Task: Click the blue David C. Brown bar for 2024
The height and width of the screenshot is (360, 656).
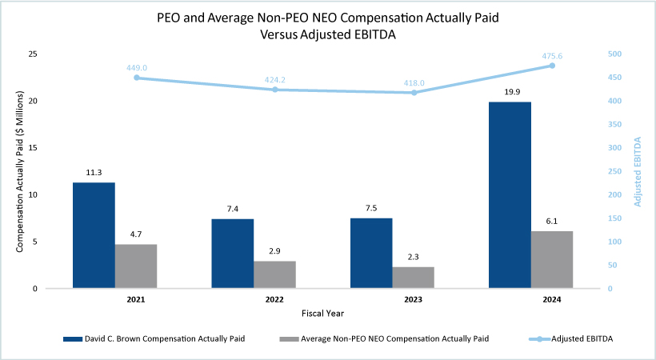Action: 510,195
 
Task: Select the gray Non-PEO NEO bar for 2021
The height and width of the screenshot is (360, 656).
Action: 136,266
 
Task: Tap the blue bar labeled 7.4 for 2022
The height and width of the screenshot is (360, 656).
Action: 233,254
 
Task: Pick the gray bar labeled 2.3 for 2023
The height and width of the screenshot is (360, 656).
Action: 414,278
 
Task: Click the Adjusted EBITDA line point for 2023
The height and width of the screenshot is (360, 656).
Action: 414,93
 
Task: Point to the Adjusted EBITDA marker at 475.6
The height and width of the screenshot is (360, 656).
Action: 552,66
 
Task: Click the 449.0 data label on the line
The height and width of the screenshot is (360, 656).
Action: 136,68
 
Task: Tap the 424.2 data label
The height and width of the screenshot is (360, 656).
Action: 275,79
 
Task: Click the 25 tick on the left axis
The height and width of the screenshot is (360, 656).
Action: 33,54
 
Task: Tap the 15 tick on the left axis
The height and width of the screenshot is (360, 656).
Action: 33,148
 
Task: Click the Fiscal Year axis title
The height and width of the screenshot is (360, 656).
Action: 323,313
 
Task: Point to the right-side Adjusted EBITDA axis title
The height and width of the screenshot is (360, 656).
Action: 638,172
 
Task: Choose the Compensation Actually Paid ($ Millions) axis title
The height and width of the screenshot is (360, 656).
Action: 19,171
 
